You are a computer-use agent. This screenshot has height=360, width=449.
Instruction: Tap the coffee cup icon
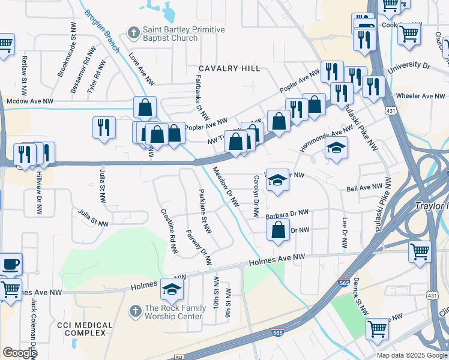point(10,263)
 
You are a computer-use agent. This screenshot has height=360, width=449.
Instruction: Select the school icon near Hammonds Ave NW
point(336,148)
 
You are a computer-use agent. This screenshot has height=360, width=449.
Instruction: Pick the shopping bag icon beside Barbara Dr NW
point(279,230)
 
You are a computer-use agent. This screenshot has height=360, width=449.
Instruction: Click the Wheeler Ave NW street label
point(420,96)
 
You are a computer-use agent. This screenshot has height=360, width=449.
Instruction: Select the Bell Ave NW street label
point(366,188)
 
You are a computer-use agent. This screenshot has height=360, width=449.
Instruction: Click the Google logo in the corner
point(20,353)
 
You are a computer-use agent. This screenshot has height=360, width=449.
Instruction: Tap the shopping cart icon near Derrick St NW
point(377,328)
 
